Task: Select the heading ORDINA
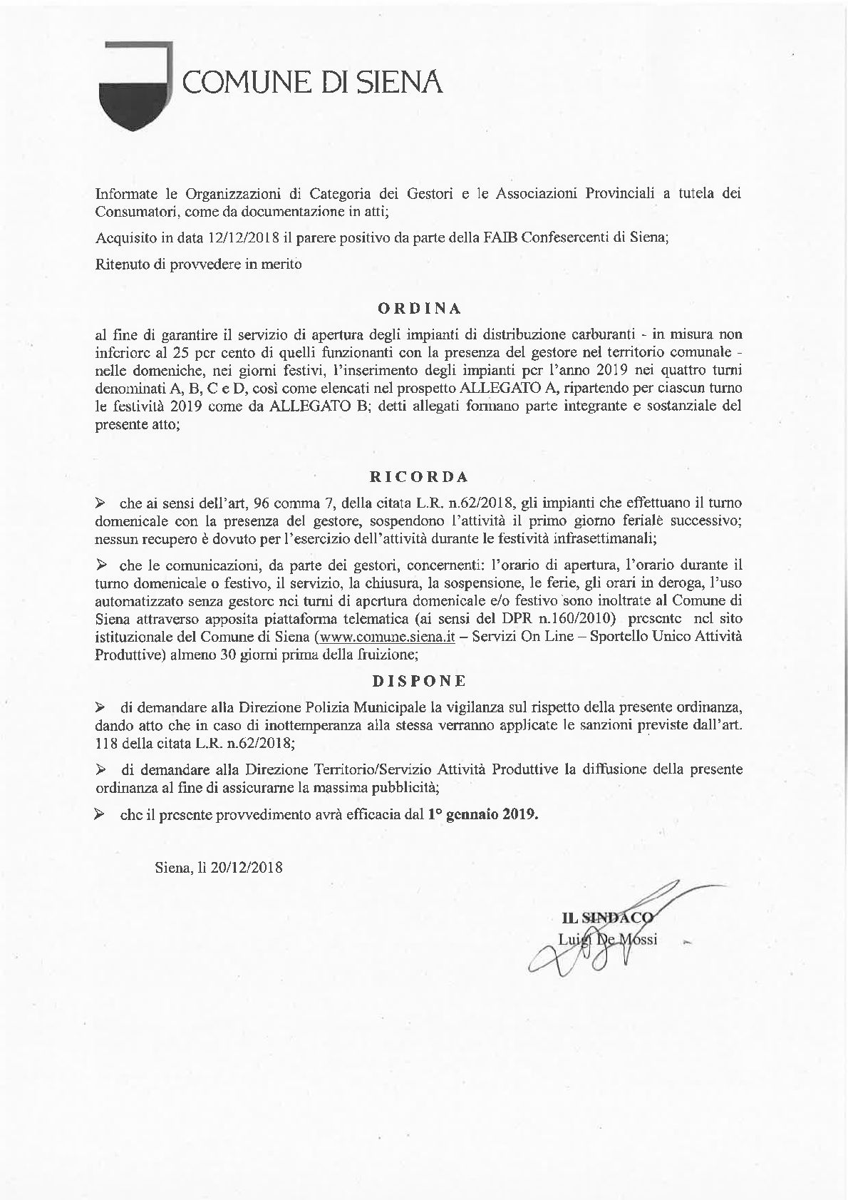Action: [418, 309]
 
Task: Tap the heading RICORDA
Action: [418, 476]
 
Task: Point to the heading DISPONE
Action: [418, 680]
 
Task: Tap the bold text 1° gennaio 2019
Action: [482, 814]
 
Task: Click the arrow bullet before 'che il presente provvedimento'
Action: [100, 814]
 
